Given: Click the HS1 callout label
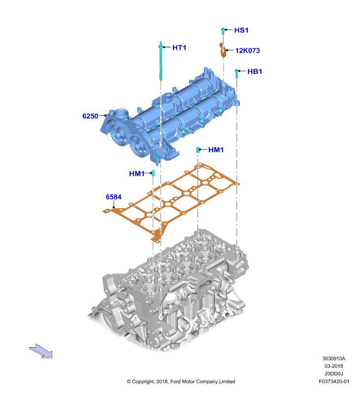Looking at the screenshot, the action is [x=241, y=31].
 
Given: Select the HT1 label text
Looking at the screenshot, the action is [x=179, y=48].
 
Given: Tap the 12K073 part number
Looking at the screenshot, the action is [x=247, y=51].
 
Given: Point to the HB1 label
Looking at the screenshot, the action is [x=255, y=71].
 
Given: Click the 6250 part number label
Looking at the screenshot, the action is [x=90, y=116].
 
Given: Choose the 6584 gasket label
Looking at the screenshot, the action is [x=114, y=197].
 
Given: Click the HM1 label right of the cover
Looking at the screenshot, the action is [x=216, y=150].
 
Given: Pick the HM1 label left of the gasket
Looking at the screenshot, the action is [x=137, y=174].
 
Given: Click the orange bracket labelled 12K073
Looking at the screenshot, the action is [x=223, y=50].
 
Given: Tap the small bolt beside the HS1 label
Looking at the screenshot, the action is [x=223, y=32].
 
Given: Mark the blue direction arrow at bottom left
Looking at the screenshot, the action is [x=41, y=351].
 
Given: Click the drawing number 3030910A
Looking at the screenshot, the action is [x=334, y=359].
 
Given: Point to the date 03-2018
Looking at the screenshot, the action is [x=334, y=366].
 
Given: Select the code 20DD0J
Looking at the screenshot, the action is [x=334, y=374].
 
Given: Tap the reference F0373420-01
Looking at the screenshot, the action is [x=334, y=381].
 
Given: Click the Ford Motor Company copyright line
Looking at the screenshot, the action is [x=181, y=381].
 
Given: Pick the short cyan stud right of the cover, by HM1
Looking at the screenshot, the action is [x=198, y=150].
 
